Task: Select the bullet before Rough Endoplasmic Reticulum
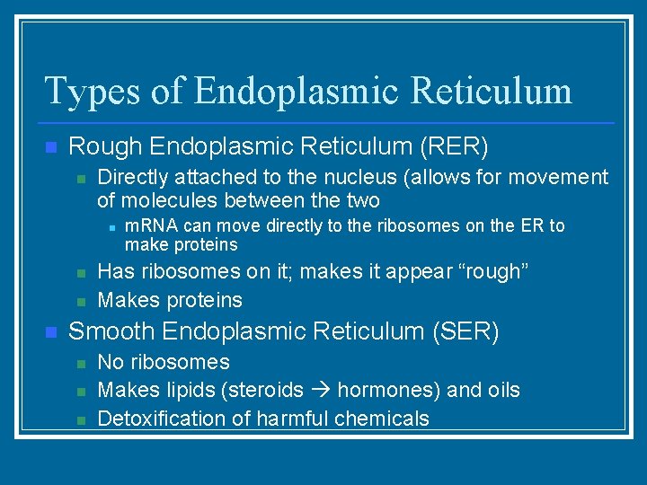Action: [50, 146]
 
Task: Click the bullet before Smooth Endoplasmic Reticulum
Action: [50, 332]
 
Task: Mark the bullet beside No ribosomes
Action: [80, 364]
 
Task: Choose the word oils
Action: [501, 391]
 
